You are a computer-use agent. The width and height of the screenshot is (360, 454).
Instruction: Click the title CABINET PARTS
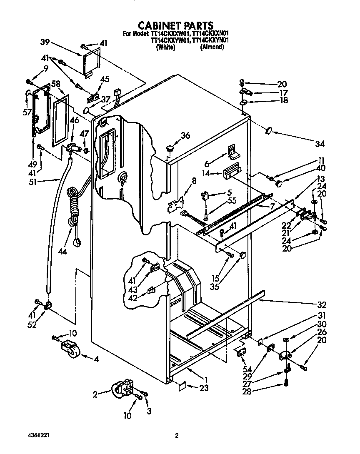pyautogui.click(x=175, y=26)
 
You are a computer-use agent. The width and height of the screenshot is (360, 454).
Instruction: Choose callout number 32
pyautogui.click(x=321, y=304)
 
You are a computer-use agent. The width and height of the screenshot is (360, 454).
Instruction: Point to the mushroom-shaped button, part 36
pyautogui.click(x=170, y=147)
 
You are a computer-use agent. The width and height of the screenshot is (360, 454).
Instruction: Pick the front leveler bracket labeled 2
pyautogui.click(x=123, y=390)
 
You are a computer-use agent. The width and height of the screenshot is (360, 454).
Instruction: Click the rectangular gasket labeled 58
pyautogui.click(x=61, y=119)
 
